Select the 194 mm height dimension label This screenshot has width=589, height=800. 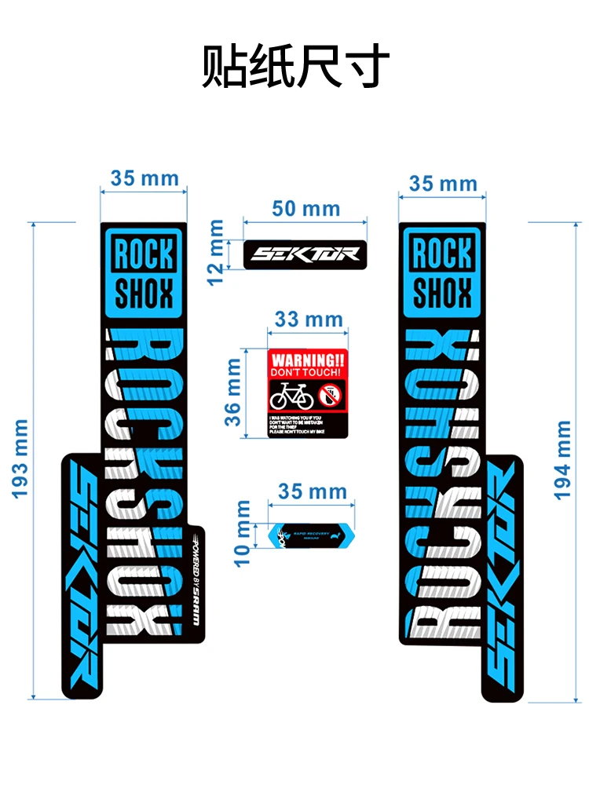(563, 460)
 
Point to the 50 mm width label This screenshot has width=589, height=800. (305, 209)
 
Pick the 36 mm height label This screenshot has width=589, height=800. (234, 392)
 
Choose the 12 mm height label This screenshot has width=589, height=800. (217, 252)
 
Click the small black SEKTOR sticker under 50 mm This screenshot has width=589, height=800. (305, 253)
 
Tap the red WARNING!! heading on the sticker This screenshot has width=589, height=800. (307, 358)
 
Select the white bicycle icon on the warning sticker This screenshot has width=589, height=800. (291, 394)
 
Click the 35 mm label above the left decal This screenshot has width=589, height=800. (145, 178)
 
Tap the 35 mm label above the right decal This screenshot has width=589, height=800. (443, 184)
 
